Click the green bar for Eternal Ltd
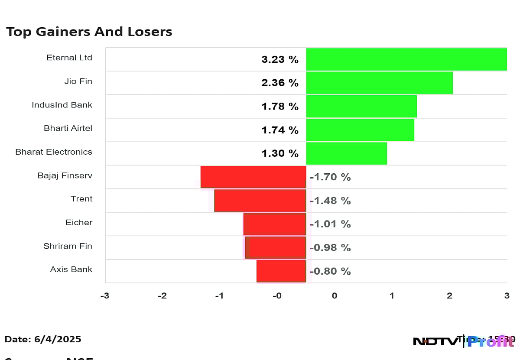click(x=406, y=59)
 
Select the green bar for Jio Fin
click(x=379, y=83)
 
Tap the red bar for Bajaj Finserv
click(x=253, y=177)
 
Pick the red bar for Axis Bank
click(x=281, y=271)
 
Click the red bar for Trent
click(x=260, y=200)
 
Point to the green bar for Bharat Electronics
click(x=346, y=153)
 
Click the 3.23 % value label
click(x=279, y=60)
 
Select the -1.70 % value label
click(x=330, y=177)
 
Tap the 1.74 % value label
click(x=279, y=130)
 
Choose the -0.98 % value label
click(x=330, y=248)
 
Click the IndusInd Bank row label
click(x=62, y=105)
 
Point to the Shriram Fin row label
click(x=68, y=246)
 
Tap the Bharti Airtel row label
click(x=68, y=128)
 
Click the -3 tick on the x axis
click(x=104, y=296)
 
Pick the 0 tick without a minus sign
click(x=335, y=296)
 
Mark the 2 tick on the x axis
click(x=449, y=296)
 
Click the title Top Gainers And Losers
click(x=89, y=32)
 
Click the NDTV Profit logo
click(x=464, y=341)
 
